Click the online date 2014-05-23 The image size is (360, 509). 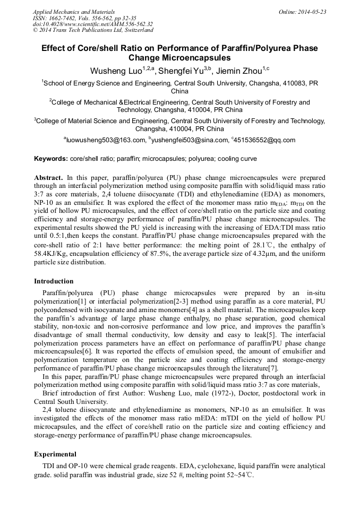tap(313, 12)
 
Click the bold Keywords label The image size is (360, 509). tap(51, 159)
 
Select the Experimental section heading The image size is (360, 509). tap(55, 454)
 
